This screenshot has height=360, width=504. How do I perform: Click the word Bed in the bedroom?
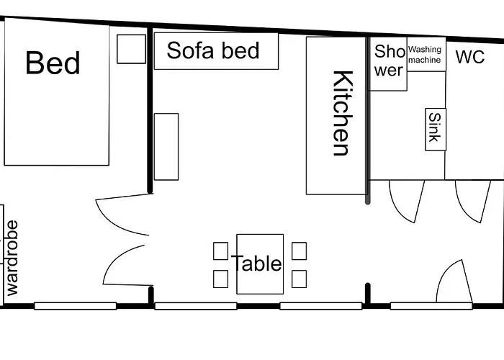click(53, 63)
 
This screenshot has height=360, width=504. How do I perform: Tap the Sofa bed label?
click(213, 50)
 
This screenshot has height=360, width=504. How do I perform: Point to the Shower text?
click(389, 60)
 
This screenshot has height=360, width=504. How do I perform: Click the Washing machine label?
click(425, 55)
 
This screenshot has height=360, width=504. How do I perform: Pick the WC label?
click(470, 57)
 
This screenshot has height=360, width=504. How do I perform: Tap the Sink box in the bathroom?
click(436, 129)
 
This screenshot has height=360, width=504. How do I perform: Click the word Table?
click(256, 263)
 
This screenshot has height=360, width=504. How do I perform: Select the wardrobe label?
click(12, 258)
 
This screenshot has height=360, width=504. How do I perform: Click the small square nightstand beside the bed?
click(131, 49)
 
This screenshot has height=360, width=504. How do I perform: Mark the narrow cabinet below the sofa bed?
click(166, 147)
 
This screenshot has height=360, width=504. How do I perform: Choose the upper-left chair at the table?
click(221, 251)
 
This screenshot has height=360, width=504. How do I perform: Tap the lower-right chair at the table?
click(300, 279)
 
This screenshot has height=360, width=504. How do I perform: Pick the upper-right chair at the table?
click(300, 251)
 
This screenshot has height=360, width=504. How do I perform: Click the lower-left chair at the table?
click(221, 279)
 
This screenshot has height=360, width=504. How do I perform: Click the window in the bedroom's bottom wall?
click(75, 306)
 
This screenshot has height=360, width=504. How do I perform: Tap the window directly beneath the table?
click(196, 306)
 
